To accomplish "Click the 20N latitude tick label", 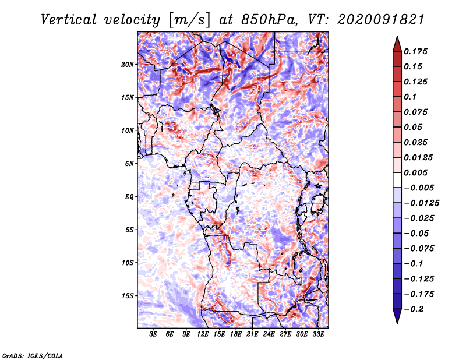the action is coord(128,65).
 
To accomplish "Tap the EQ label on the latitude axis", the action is coord(129,197).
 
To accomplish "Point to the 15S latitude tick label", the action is coord(128,296).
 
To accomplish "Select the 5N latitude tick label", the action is coord(129,164).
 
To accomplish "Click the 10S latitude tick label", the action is coord(128,263).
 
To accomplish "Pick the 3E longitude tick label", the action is coord(153,334).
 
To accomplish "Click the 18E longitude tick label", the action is coord(236,334).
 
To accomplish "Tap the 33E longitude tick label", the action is coord(318,334).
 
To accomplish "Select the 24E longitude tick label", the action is coord(269,334).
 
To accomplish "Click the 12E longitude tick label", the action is coord(203,334).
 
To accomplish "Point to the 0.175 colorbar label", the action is coord(415,51).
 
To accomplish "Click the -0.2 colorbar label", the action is coord(414,309).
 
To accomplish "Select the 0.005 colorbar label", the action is coord(415,172).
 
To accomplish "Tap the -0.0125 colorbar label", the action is coord(421,203).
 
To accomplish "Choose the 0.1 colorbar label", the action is coord(410,97).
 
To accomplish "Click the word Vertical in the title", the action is coord(69,20).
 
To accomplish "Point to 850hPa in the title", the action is coord(269,20).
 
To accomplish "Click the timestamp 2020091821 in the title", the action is coord(381,20).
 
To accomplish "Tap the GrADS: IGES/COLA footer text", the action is coord(33,355).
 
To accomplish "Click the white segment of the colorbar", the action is coord(397,180).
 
